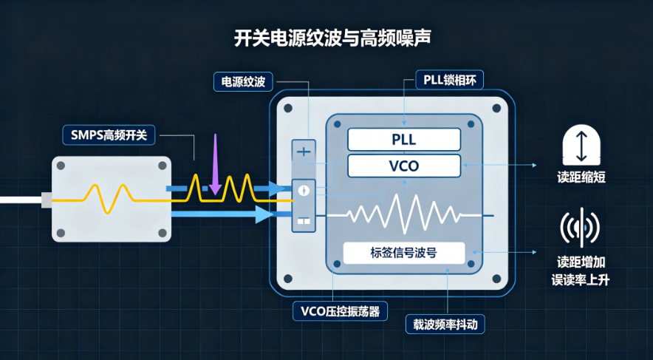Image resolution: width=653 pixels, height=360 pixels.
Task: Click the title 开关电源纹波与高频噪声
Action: [332, 38]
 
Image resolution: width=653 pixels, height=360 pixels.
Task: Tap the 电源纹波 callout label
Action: [243, 81]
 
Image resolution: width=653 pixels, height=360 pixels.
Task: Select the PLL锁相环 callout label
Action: [449, 80]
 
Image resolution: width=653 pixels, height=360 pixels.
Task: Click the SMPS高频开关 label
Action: [109, 135]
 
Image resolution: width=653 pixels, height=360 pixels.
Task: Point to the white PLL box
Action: [404, 140]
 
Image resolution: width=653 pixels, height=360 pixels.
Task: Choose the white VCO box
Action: [404, 166]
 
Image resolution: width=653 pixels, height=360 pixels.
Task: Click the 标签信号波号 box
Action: [403, 253]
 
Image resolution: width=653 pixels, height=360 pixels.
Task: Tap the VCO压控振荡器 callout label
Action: [340, 310]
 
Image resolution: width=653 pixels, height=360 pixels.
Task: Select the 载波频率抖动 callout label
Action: [445, 325]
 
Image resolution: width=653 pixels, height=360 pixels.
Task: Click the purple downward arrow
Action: [215, 164]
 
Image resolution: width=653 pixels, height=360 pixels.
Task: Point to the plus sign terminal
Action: [304, 152]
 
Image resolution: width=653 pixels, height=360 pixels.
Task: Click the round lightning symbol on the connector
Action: [304, 191]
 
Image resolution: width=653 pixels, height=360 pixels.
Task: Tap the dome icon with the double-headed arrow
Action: [581, 145]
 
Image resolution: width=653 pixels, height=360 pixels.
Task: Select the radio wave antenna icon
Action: [581, 228]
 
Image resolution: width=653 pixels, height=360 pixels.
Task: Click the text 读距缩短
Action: [581, 178]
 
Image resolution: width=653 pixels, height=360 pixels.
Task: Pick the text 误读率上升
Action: [581, 279]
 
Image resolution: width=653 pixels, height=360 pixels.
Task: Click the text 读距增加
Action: [581, 262]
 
